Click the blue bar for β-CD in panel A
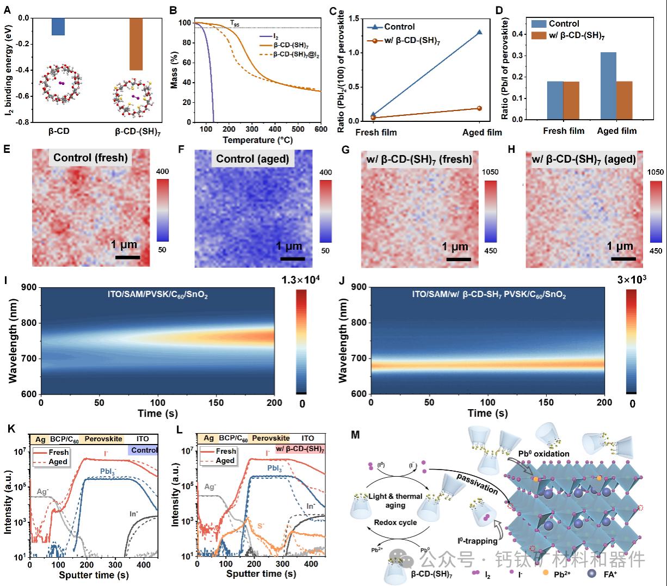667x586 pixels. point(58,27)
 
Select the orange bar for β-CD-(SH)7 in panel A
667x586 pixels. point(135,44)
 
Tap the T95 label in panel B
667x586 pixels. point(234,23)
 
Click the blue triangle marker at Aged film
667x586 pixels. point(479,32)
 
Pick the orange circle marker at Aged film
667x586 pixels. point(479,108)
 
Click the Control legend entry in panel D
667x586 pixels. point(564,24)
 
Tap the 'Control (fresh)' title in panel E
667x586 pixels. point(90,158)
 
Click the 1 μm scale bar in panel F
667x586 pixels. point(292,259)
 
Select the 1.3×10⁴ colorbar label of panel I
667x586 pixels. point(301,280)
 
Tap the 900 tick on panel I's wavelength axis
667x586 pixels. point(29,288)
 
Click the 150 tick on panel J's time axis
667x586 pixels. point(546,403)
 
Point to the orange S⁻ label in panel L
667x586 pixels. point(262,526)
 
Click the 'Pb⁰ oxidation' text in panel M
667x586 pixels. point(544,453)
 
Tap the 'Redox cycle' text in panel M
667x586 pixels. point(396,522)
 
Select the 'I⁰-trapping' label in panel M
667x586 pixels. point(477,541)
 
